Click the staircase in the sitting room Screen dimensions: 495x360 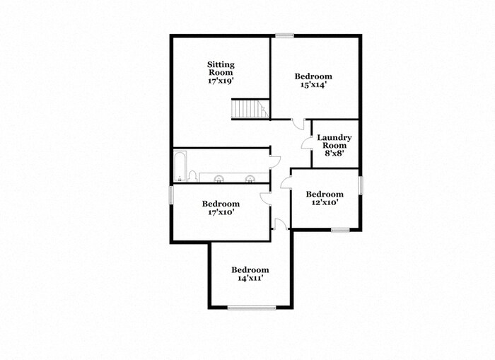pos(250,109)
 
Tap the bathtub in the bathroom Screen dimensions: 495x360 pos(180,166)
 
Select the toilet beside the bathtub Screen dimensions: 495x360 pos(192,176)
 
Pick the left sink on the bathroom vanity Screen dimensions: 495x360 pos(219,179)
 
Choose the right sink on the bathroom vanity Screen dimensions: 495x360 pos(250,179)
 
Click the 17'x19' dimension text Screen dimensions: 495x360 pos(221,81)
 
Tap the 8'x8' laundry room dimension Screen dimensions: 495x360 pos(334,153)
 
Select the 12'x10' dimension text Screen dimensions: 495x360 pos(325,202)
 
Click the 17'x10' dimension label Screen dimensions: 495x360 pos(221,212)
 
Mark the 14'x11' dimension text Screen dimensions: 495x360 pos(250,278)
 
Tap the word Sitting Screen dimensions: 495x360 pos(221,65)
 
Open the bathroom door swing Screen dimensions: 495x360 pos(275,161)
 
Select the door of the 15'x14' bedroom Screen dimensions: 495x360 pos(298,124)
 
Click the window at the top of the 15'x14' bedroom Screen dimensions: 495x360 pos(284,35)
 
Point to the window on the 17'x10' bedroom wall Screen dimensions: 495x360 pos(171,194)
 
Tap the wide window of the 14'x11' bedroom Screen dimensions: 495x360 pos(252,308)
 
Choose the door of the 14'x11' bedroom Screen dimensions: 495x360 pos(281,224)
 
